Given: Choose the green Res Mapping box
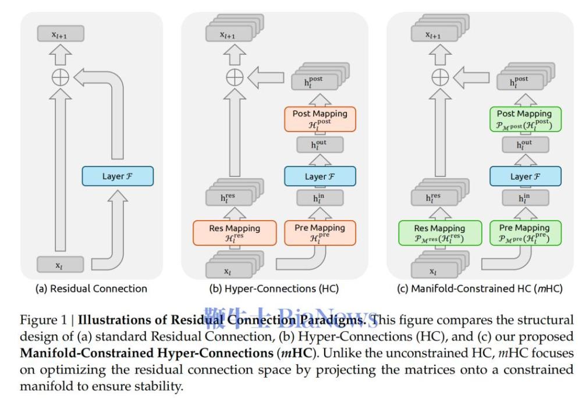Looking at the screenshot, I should coord(439,232).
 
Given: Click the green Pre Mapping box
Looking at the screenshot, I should coord(526,232).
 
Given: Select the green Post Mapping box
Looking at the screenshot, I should coord(526,118).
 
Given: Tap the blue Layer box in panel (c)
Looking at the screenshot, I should coord(526,175).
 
